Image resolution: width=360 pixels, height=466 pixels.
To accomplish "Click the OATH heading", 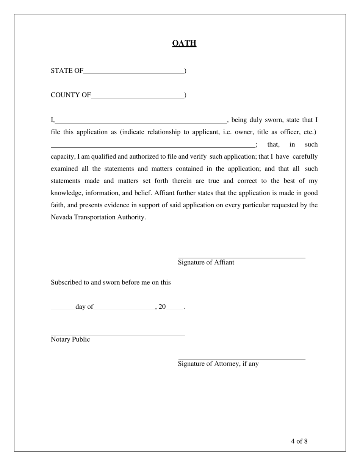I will (184, 43).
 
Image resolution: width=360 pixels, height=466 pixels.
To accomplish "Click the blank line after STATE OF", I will (134, 73).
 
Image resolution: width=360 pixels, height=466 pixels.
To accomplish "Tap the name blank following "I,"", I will (141, 122).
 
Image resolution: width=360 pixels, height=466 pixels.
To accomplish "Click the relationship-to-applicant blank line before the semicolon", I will (153, 146).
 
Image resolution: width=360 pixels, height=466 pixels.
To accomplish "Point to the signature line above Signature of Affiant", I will (241, 258).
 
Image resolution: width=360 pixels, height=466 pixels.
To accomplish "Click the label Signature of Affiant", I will (206, 263).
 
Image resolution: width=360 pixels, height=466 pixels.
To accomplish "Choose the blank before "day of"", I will (63, 309).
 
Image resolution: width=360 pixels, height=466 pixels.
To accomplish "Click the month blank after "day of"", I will (124, 309).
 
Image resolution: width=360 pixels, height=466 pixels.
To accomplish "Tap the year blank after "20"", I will (175, 309).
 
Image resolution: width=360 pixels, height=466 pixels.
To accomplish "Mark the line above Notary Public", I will (118, 335).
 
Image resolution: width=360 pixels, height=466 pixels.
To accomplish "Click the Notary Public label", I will (70, 339).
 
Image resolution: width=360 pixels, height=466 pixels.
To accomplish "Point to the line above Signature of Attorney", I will (241, 359).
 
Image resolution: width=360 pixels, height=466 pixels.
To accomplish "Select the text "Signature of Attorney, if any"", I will (218, 364).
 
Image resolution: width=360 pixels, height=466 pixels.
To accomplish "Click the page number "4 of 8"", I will (299, 441).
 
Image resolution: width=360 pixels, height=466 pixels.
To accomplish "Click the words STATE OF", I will (67, 71).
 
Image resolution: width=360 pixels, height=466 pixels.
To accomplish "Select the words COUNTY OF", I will (71, 95).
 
